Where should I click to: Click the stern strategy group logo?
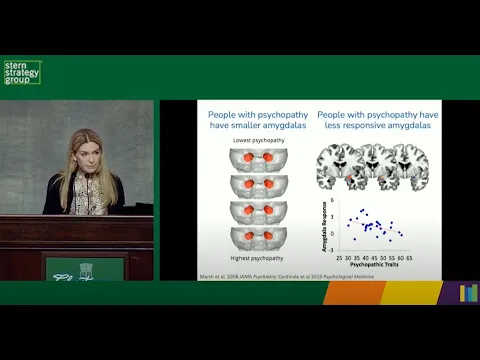[x=22, y=73]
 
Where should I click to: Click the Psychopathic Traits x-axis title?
[x=371, y=265]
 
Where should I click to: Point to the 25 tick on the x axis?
[x=332, y=256]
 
